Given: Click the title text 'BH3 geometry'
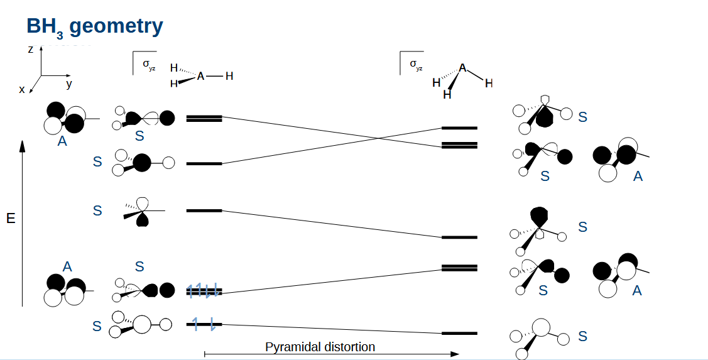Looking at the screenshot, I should pos(94,26).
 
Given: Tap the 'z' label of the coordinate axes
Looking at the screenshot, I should pos(30,50).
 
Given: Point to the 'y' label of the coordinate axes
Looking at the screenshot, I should pos(69,84).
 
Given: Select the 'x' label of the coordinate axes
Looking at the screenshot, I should pos(22,90).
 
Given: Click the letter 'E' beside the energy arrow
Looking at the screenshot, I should pos(10,219).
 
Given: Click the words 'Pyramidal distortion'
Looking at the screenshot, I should pos(320,347).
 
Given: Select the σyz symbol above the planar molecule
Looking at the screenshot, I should pos(148,63).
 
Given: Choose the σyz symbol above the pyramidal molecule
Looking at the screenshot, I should pos(415,63).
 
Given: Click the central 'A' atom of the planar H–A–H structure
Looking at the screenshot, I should pos(200,76).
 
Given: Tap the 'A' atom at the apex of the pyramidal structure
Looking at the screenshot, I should pos(462,67).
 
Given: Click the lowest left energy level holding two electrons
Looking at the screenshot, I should pos(204,324).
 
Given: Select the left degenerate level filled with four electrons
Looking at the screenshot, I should pos(204,291).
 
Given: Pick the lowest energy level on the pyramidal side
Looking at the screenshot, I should pos(459,333).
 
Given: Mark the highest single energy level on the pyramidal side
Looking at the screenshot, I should pos(459,128).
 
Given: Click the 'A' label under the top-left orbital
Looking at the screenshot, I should pos(62,141).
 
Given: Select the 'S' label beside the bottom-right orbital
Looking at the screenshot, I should pos(582,336).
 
